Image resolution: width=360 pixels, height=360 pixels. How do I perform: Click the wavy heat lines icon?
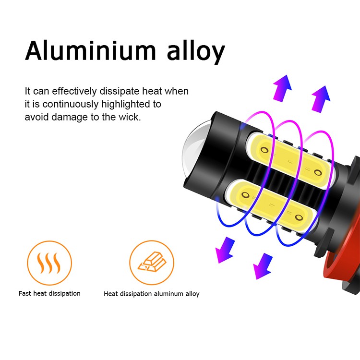(x=49, y=263)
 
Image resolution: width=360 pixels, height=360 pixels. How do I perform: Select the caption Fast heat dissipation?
(x=49, y=293)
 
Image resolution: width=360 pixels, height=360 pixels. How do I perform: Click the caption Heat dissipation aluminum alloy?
(x=151, y=294)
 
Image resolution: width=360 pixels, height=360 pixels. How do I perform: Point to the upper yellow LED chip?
(x=288, y=158)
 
